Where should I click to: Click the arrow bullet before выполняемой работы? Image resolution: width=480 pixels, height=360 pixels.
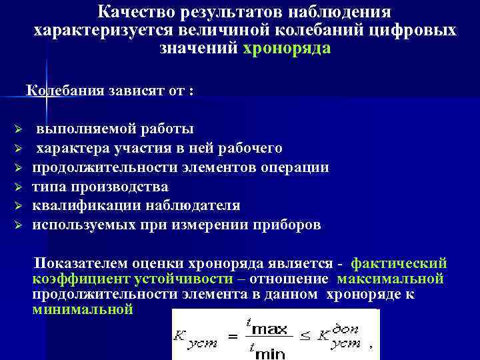pos(19,129)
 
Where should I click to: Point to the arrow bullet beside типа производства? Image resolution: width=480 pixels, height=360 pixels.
pos(19,187)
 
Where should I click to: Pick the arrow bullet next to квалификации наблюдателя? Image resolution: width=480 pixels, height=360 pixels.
pos(19,207)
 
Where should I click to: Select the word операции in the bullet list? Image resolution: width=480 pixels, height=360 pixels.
pos(294,167)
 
